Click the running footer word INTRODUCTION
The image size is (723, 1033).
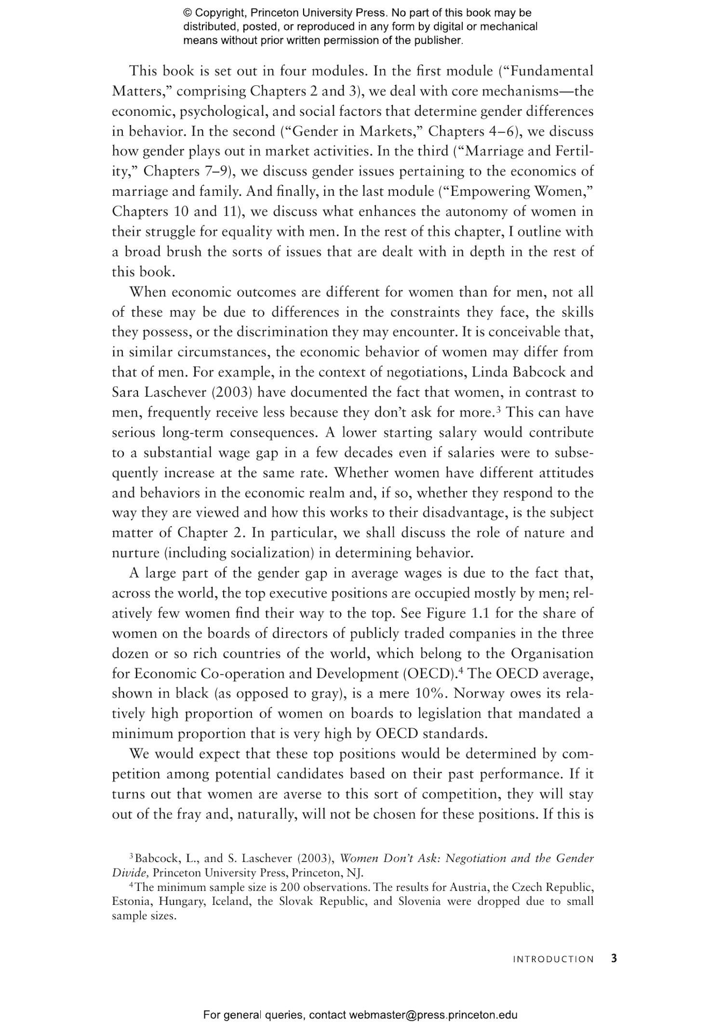pyautogui.click(x=553, y=959)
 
